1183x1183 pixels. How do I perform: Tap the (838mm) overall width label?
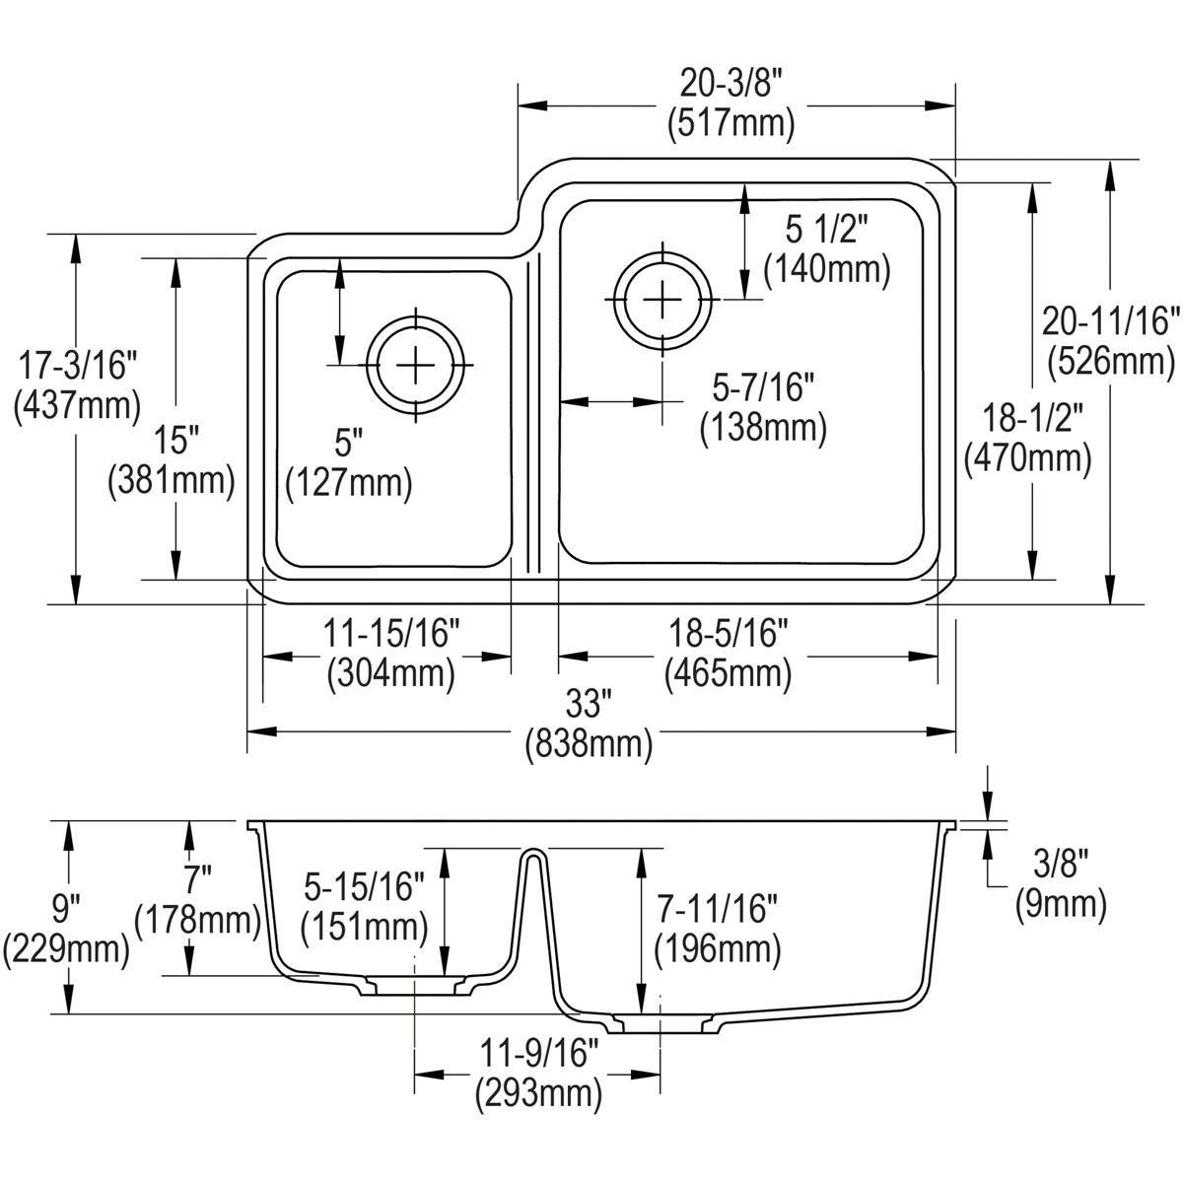590,743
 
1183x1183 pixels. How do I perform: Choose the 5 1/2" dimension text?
826,230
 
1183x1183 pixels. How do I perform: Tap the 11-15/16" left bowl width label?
391,633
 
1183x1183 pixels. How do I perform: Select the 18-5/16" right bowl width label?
728,633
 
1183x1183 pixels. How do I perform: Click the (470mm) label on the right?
1028,457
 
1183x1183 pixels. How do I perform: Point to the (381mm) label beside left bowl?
172,480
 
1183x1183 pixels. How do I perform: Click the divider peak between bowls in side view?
532,852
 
